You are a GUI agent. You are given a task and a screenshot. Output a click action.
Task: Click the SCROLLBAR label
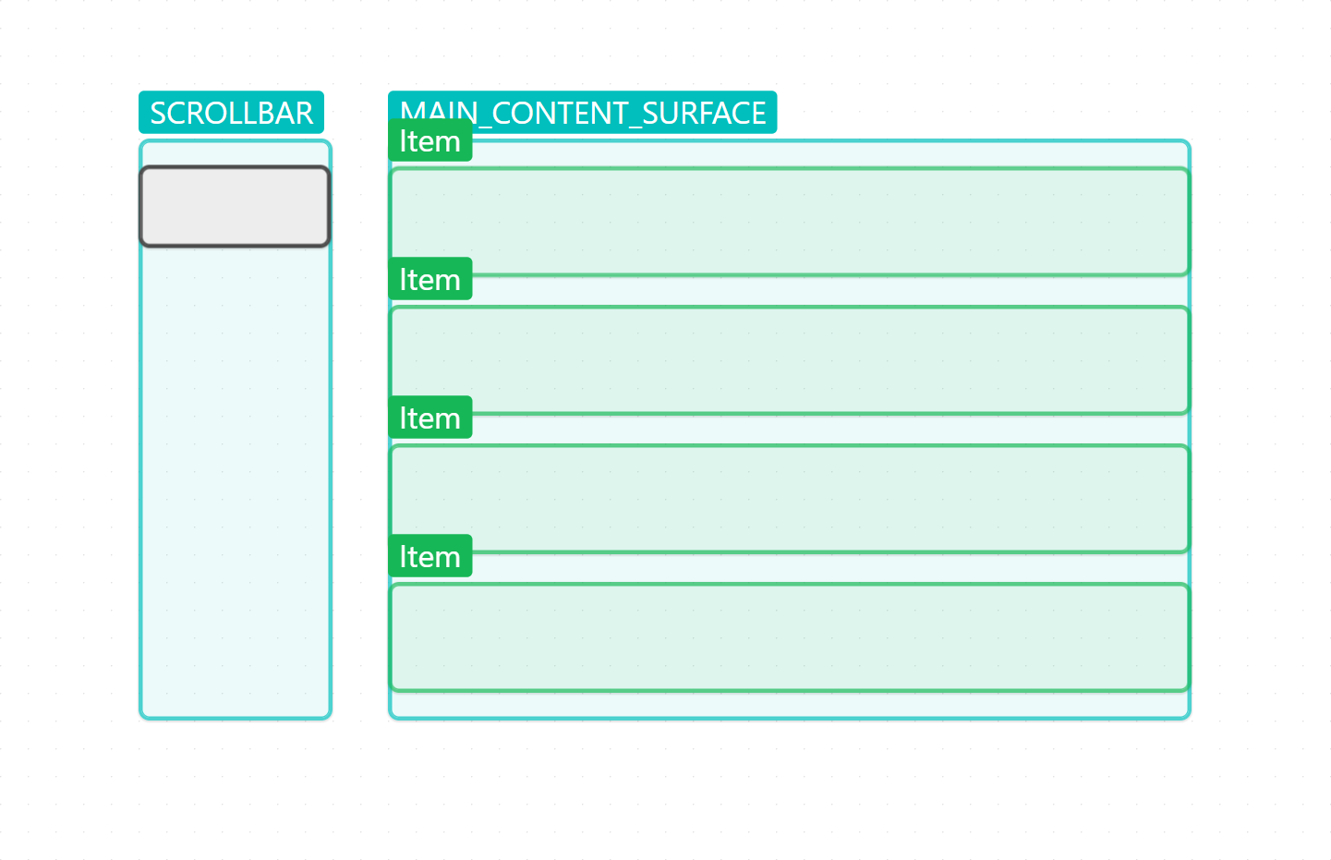coord(231,113)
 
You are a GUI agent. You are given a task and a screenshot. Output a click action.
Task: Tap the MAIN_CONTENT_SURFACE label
coord(582,113)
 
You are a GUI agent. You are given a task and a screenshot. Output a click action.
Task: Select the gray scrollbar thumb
coord(235,206)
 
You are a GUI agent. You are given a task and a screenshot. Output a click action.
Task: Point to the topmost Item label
coord(430,140)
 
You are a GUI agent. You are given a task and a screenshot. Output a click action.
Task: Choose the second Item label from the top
coord(430,279)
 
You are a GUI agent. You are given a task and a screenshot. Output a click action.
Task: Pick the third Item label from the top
coord(430,418)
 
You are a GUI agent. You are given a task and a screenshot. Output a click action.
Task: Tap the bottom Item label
coord(430,556)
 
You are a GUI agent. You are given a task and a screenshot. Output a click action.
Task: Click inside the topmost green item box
coord(789,222)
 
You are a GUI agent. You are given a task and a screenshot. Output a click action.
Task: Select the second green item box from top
coord(789,360)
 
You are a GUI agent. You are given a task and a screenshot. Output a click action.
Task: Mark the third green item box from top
coord(789,499)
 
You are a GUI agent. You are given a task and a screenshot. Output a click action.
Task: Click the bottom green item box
coord(789,637)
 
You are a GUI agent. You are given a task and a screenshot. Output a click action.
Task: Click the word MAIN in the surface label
coord(438,113)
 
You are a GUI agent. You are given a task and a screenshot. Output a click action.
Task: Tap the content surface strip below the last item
coord(789,704)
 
